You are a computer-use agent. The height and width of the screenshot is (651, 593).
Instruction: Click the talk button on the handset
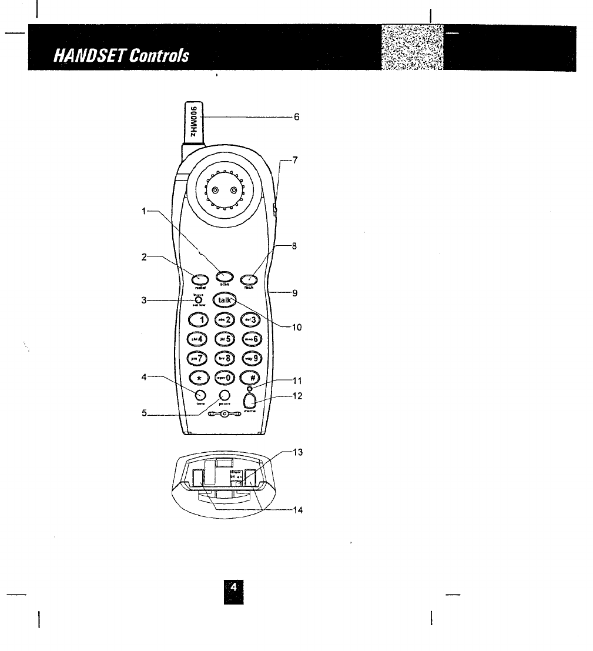225,300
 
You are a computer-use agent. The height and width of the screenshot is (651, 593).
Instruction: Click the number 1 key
199,319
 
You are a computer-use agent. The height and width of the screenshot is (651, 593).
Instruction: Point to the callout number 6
297,117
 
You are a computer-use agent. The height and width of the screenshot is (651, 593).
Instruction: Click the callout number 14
297,510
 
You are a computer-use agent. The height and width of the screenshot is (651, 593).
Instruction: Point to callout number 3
143,300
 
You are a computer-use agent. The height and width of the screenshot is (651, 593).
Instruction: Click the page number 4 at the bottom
233,587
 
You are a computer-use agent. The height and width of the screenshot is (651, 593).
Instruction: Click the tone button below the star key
200,395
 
